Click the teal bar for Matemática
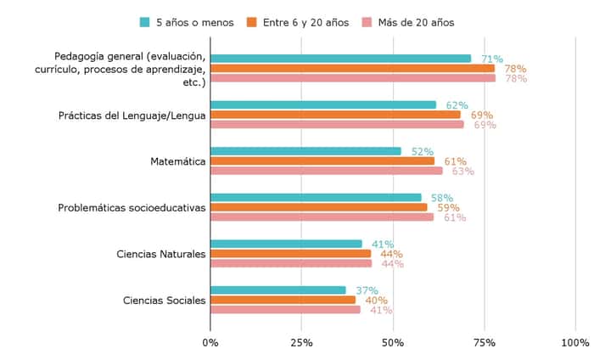305,151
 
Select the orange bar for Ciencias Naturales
290,253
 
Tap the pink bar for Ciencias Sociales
285,309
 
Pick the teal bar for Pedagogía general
340,59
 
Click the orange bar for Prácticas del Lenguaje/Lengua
335,115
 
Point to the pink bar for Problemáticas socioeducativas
322,217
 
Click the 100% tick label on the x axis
575,342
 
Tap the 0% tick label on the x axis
210,342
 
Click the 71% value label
491,59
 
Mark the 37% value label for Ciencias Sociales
367,290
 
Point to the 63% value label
462,171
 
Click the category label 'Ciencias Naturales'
160,253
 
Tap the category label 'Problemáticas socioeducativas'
132,207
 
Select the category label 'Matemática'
177,161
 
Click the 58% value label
442,198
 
